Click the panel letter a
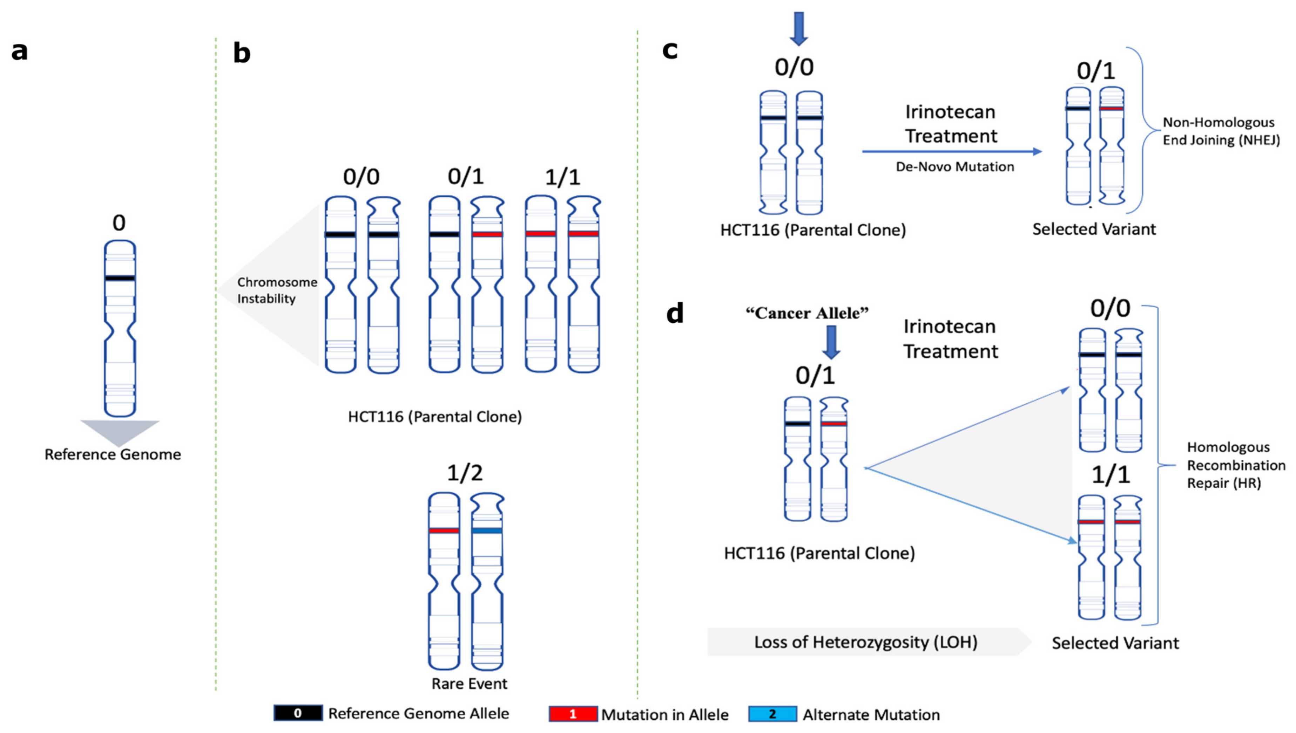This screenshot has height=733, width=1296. point(19,51)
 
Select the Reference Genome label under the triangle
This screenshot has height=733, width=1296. point(113,454)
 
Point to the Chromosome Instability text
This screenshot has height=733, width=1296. point(277,290)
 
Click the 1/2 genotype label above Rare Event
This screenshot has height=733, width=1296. point(465,473)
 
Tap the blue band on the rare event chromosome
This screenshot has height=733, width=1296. point(487,530)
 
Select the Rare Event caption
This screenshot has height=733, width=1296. point(470,684)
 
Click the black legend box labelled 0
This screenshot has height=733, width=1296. point(298,713)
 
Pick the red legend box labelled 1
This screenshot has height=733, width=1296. point(573,714)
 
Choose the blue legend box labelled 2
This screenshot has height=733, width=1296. point(773,714)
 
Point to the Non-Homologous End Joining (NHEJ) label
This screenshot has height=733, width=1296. point(1221,131)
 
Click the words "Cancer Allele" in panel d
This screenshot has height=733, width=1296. point(808,313)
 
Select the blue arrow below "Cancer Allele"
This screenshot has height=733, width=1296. point(831,342)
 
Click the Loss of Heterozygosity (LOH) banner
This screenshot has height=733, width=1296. point(866,642)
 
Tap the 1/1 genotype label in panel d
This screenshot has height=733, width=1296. point(1111,475)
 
